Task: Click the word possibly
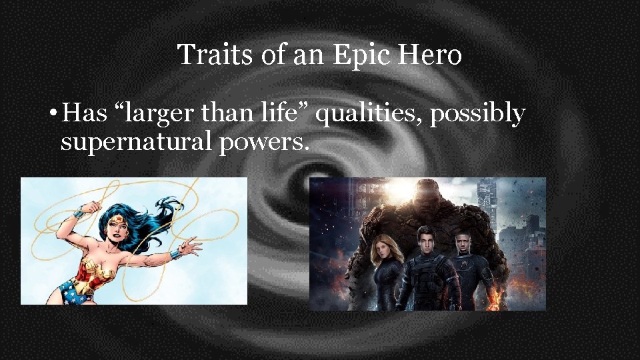477,115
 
